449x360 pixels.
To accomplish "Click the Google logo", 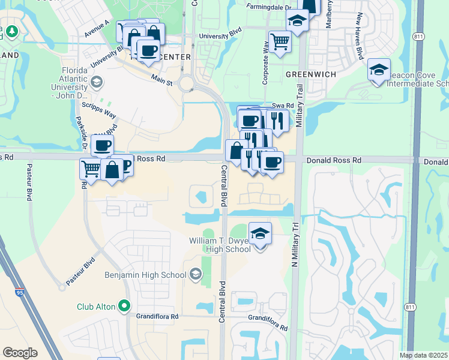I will coord(20,353).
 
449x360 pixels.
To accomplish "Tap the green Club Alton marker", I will coord(124,306).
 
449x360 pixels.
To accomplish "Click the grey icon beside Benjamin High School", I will coord(194,275).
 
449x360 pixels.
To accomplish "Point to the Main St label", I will coord(161,79).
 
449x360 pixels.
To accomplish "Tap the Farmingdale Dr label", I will coord(269,7).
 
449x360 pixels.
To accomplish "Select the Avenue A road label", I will coord(97,28).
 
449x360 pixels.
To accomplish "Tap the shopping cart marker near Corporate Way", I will coord(279,41).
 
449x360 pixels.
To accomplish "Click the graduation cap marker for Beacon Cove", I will coord(379,70).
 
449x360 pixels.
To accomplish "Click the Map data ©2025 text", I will coord(423,355).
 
